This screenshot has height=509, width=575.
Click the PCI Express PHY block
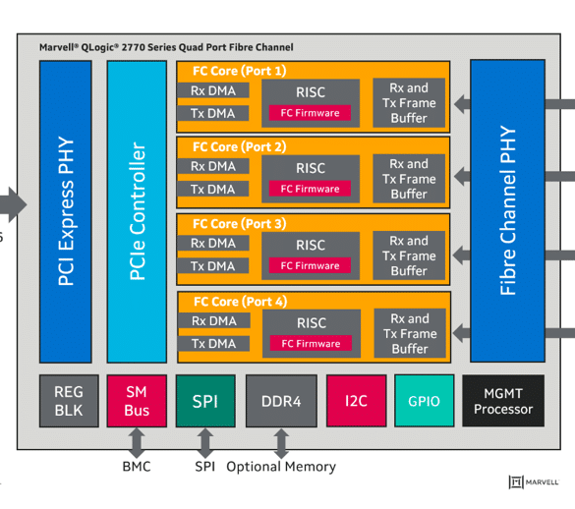(x=65, y=211)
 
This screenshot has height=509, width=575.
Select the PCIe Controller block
(x=137, y=211)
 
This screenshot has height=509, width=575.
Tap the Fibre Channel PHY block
(x=507, y=211)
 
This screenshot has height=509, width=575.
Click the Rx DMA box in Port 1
(x=213, y=90)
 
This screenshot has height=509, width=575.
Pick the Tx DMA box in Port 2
(x=212, y=190)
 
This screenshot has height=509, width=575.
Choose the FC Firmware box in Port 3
(x=310, y=265)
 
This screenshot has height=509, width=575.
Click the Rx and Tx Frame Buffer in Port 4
(x=410, y=333)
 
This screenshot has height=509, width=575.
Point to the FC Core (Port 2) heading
(x=240, y=146)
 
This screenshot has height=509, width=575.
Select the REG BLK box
(x=69, y=401)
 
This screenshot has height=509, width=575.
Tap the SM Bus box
(x=137, y=401)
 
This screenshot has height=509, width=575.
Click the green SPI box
(x=205, y=401)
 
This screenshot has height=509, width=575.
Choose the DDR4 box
(x=281, y=401)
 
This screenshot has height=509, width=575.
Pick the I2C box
(x=357, y=401)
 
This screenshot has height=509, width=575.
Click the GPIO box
(x=425, y=401)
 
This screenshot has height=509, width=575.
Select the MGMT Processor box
(x=503, y=401)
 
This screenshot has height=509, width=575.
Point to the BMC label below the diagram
(x=137, y=467)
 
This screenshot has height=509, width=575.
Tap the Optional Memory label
(x=281, y=467)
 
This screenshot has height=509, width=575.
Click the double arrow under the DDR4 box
(x=281, y=443)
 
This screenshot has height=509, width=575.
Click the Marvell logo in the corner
(x=534, y=481)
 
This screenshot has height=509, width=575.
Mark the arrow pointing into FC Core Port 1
(x=462, y=104)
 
